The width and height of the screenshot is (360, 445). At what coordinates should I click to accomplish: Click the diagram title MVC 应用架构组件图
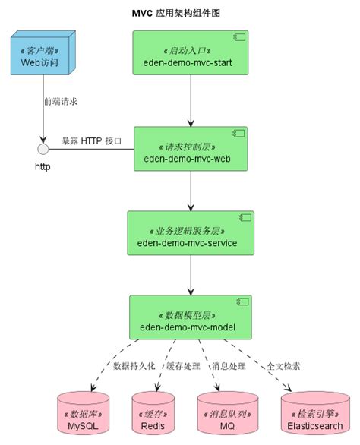point(179,14)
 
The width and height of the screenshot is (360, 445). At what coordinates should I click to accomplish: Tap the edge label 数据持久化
point(134,366)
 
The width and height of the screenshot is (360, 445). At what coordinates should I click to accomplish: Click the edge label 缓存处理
point(182,366)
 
